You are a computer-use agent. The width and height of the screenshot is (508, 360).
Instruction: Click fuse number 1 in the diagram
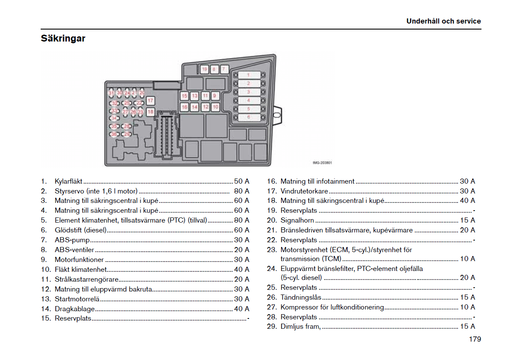pyautogui.click(x=248, y=75)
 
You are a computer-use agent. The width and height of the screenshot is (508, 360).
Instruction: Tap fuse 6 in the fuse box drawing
pyautogui.click(x=248, y=117)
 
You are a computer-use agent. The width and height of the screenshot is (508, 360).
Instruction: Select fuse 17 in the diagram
pyautogui.click(x=151, y=101)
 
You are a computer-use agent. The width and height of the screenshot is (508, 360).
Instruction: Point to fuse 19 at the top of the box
pyautogui.click(x=204, y=69)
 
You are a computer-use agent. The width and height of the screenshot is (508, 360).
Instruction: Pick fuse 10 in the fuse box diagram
pyautogui.click(x=215, y=107)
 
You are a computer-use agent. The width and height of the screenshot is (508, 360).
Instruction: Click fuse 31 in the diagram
pyautogui.click(x=111, y=92)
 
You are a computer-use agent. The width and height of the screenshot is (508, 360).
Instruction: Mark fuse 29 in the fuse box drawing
pyautogui.click(x=127, y=134)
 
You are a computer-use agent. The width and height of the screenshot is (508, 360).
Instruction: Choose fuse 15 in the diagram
pyautogui.click(x=184, y=96)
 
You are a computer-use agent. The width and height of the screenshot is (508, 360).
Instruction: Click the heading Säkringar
pyautogui.click(x=63, y=39)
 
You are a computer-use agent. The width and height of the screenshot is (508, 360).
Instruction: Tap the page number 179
pyautogui.click(x=475, y=339)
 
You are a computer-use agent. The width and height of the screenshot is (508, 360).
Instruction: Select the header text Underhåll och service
pyautogui.click(x=443, y=21)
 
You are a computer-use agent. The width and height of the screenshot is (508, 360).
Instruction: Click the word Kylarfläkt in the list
pyautogui.click(x=68, y=181)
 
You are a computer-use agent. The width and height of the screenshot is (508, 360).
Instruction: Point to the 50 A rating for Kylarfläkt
pyautogui.click(x=241, y=181)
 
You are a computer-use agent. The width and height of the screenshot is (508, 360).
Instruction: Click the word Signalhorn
pyautogui.click(x=297, y=220)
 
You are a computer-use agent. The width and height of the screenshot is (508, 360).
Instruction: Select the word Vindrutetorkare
pyautogui.click(x=304, y=191)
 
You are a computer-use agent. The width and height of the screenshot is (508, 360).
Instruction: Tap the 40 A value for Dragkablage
pyautogui.click(x=241, y=309)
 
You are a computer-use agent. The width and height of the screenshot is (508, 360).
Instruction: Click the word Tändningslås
pyautogui.click(x=301, y=298)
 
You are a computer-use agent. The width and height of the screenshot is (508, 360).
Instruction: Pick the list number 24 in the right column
pyautogui.click(x=272, y=269)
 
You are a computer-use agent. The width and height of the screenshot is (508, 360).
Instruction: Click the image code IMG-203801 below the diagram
pyautogui.click(x=322, y=163)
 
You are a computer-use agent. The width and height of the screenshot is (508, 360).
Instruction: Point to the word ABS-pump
pyautogui.click(x=66, y=240)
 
